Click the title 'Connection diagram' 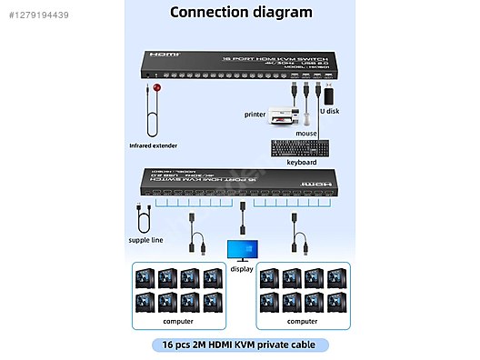point(241,13)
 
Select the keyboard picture point(299,146)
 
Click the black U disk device point(327,95)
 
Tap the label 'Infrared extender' point(155,145)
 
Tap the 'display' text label point(240,268)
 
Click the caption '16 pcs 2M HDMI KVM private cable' point(240,345)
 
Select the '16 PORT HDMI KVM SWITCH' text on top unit point(266,56)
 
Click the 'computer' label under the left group point(177,321)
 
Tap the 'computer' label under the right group point(302,321)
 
